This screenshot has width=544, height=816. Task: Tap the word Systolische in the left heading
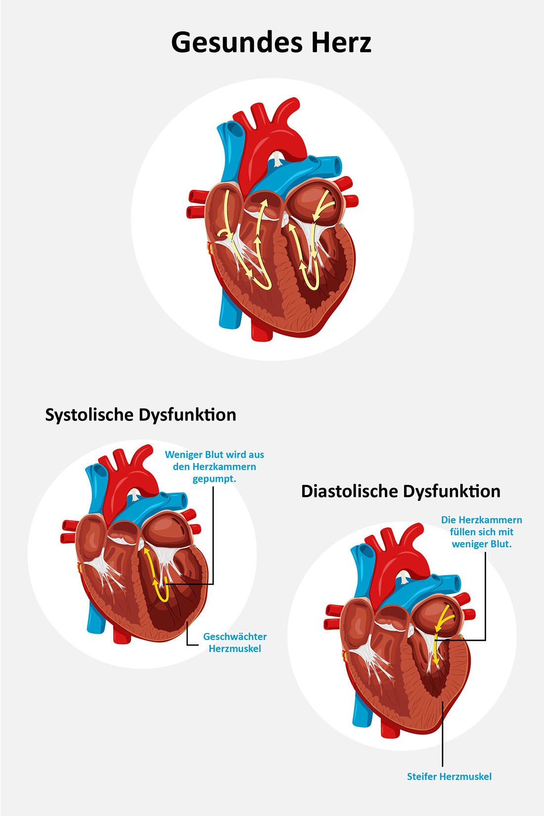point(90,415)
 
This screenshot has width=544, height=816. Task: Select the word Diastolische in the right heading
point(349,491)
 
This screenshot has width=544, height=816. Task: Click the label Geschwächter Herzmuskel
point(235,642)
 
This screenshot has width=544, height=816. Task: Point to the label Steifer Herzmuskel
point(449,776)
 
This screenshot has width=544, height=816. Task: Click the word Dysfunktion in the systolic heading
point(187,415)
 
